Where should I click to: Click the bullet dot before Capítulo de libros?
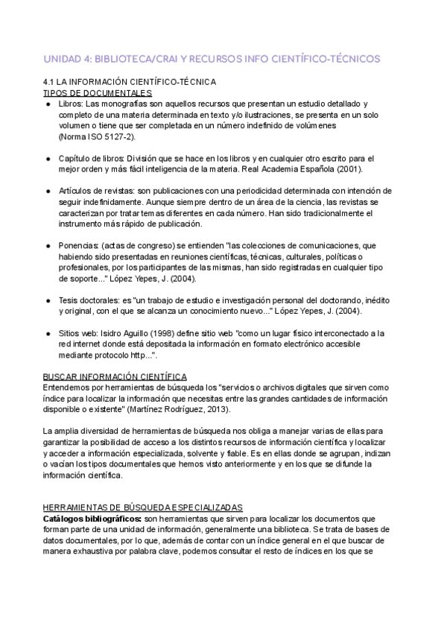point(48,159)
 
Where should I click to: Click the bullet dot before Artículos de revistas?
point(48,192)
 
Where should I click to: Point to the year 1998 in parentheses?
point(165,332)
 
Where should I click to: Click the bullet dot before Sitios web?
point(48,332)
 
